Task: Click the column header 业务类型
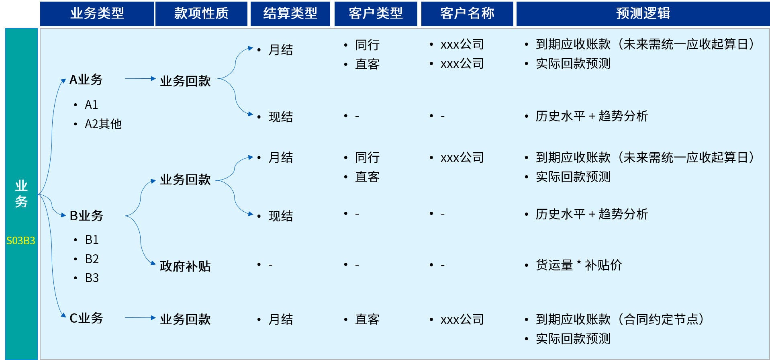click(x=97, y=14)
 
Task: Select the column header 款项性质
click(x=201, y=14)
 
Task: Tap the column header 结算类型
click(x=290, y=14)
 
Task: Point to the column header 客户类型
click(x=376, y=14)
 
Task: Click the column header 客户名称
click(x=467, y=14)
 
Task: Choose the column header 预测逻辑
click(x=643, y=14)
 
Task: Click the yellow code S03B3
click(x=21, y=241)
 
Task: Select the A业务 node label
click(x=86, y=80)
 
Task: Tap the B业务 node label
click(x=86, y=216)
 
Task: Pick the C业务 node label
click(x=86, y=318)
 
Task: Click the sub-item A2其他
click(x=103, y=124)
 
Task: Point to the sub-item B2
click(x=92, y=259)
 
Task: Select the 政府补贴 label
click(x=185, y=266)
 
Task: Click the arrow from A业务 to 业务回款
click(x=140, y=79)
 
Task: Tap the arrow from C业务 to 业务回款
click(x=140, y=318)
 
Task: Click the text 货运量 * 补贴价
click(x=579, y=265)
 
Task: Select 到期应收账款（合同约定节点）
click(x=620, y=319)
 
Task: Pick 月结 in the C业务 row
click(x=280, y=319)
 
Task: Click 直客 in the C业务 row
click(x=367, y=319)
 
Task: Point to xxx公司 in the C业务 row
click(x=462, y=319)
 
